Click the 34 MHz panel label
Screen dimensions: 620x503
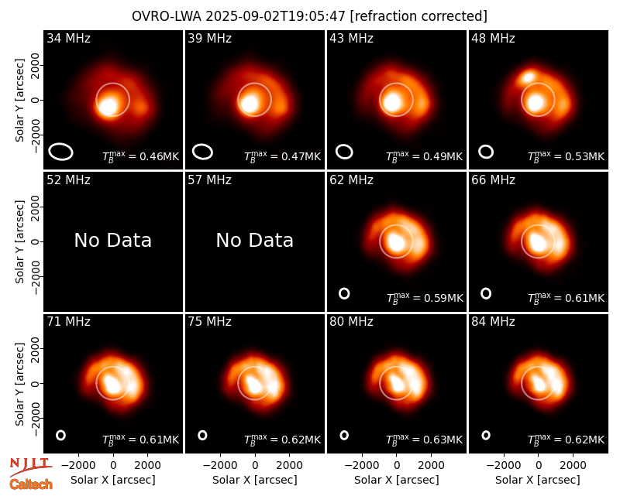click(68, 38)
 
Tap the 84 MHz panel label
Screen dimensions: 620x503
click(493, 322)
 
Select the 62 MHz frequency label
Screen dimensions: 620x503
click(351, 180)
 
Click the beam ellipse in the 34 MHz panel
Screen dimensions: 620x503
click(61, 152)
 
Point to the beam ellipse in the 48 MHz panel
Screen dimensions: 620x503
click(486, 152)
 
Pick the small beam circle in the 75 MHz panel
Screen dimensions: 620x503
click(202, 435)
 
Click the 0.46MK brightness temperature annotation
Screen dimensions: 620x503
click(141, 156)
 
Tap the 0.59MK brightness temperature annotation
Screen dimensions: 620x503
click(425, 298)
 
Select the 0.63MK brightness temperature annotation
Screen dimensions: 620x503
click(425, 439)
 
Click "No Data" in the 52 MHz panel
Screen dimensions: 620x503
click(113, 240)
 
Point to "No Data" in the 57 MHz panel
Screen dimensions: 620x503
click(255, 240)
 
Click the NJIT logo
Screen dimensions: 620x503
click(30, 466)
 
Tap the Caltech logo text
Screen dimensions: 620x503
click(31, 484)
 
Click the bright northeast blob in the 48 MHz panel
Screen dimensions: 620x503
click(528, 77)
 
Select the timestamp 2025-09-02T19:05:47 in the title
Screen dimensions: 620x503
click(276, 16)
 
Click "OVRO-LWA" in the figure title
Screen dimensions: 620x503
click(167, 16)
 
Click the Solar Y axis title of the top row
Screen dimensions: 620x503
click(19, 101)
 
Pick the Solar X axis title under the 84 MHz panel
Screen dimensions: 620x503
click(538, 480)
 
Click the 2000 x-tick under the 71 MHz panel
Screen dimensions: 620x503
click(147, 465)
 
